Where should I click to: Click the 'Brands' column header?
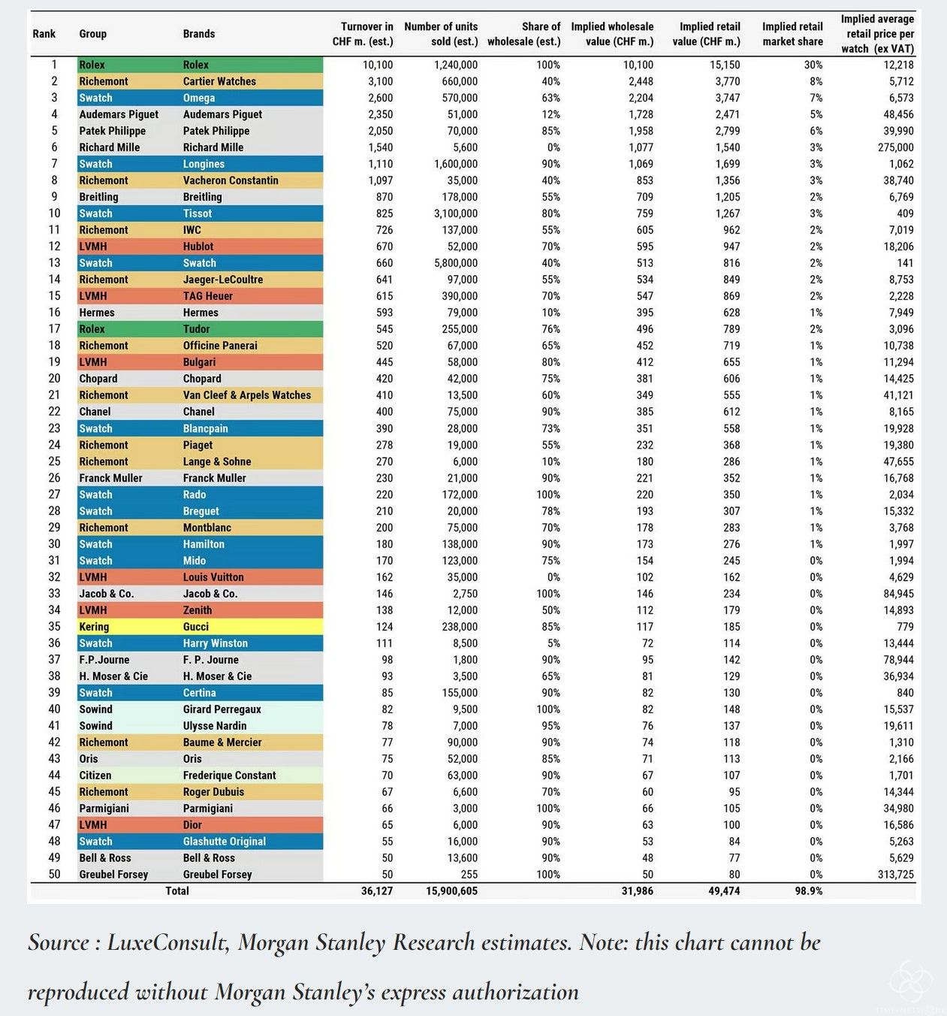tap(199, 34)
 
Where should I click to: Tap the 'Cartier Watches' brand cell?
tap(219, 82)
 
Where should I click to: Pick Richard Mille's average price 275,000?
tap(895, 148)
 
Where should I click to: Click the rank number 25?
tap(54, 462)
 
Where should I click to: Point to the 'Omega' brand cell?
tap(199, 98)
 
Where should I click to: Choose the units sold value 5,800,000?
tap(456, 264)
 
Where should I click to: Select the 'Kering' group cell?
tap(94, 627)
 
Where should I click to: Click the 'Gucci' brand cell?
tap(196, 627)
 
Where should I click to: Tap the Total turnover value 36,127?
tap(377, 892)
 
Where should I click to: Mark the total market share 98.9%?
tap(808, 892)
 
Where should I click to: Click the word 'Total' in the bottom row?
tap(177, 892)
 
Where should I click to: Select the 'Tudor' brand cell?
tap(196, 330)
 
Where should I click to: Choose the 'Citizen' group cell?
tap(95, 776)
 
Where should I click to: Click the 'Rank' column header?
tap(44, 34)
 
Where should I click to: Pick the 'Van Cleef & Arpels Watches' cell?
tap(246, 396)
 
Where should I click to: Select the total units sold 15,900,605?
tap(451, 892)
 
